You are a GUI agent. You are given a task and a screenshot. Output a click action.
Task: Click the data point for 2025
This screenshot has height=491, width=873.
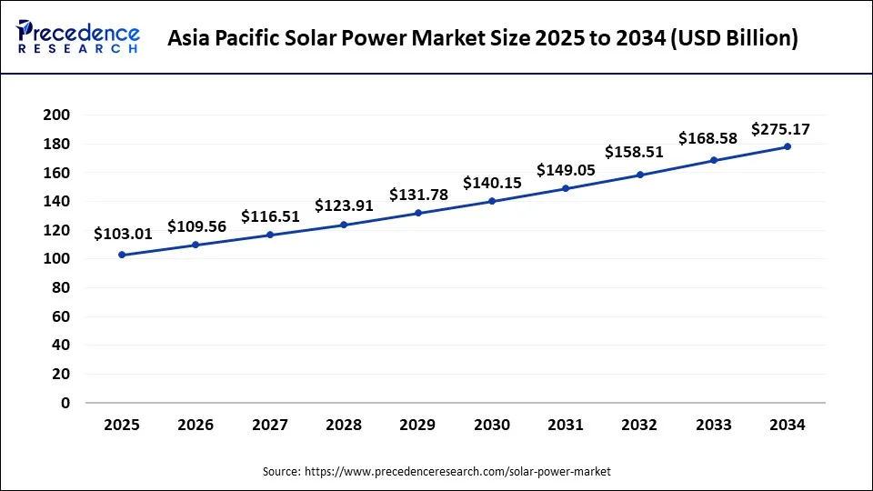122,255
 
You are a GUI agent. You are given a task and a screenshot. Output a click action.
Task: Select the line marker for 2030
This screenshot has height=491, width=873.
492,201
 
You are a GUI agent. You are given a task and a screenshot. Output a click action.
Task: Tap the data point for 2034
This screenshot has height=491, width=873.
788,146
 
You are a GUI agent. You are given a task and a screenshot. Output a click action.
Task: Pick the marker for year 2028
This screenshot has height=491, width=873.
344,225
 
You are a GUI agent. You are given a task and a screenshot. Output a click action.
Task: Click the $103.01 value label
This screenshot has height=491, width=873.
123,235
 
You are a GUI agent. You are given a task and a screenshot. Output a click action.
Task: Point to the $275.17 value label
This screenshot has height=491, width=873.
780,129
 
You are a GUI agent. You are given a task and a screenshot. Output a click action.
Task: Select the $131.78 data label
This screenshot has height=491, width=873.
418,195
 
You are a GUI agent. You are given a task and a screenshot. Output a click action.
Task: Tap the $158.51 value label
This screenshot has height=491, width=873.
634,152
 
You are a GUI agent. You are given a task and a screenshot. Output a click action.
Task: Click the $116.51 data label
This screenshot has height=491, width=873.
270,216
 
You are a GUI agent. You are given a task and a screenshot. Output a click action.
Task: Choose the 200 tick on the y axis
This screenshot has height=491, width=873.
56,115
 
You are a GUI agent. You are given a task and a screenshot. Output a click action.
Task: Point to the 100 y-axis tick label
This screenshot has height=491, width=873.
56,259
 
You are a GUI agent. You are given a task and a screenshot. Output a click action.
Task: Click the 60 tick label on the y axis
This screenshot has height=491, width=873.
60,316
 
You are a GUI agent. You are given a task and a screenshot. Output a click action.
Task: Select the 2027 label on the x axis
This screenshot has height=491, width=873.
270,425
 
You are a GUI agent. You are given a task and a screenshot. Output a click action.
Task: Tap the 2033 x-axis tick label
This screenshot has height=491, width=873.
714,425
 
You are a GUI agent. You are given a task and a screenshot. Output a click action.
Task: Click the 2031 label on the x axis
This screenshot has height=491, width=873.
566,425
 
